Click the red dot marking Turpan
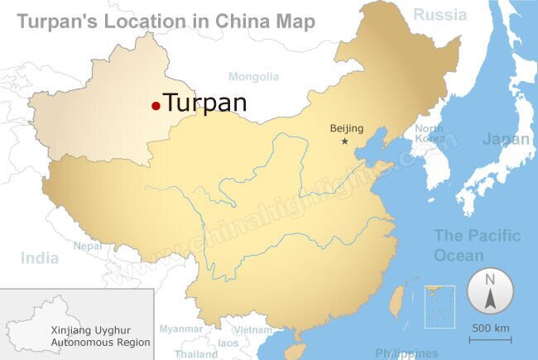(x=156, y=105)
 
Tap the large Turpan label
(x=205, y=103)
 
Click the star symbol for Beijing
(x=345, y=142)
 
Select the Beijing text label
(x=347, y=128)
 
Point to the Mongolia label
(x=254, y=77)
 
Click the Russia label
(x=440, y=14)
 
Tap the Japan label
(x=506, y=139)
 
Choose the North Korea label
(x=430, y=133)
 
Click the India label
(x=40, y=258)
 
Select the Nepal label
(x=88, y=246)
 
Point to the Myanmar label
(x=181, y=329)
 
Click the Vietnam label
(x=252, y=329)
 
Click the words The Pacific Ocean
(x=478, y=246)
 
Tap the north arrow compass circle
(x=489, y=292)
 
